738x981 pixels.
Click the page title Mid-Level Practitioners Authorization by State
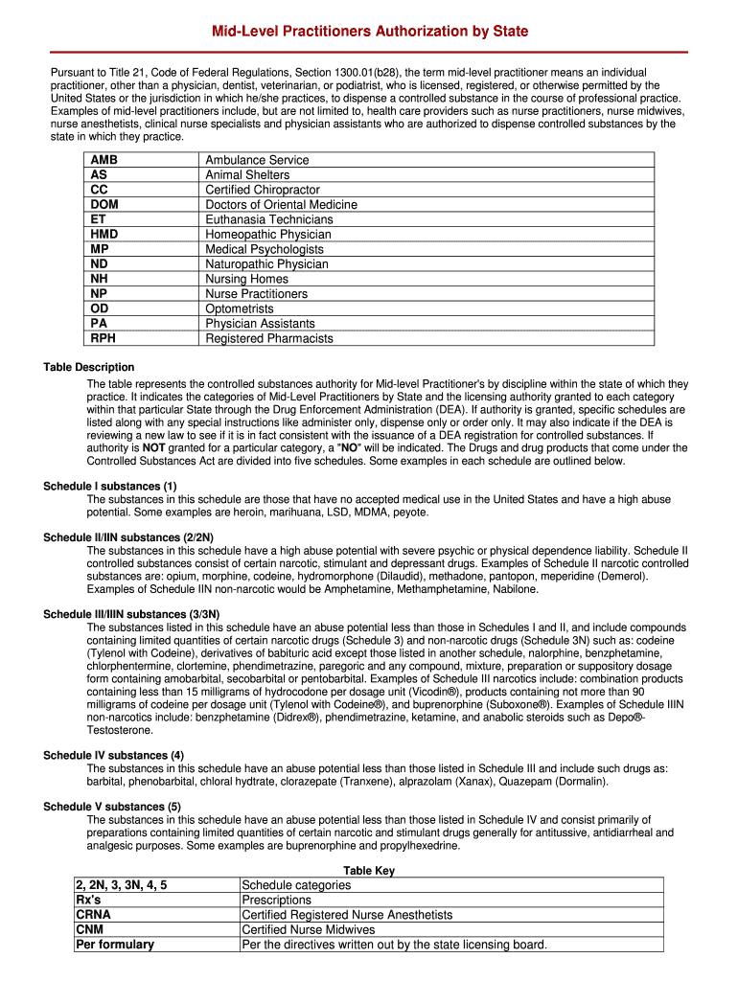[x=369, y=32]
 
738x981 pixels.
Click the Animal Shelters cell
[x=247, y=175]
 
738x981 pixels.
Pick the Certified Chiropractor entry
[x=263, y=190]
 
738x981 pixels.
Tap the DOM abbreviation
[x=105, y=205]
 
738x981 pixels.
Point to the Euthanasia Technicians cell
[x=269, y=219]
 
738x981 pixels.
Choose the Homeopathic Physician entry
[x=268, y=235]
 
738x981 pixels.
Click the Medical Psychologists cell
[x=265, y=249]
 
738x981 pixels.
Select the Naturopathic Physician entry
[x=266, y=264]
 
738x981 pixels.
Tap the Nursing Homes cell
[x=246, y=279]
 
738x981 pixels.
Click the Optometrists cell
[x=240, y=308]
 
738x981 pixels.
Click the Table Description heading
[x=89, y=367]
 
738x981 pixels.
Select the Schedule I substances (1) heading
[x=110, y=486]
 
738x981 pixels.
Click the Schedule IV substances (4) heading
[x=114, y=755]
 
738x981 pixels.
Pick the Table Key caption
[x=369, y=871]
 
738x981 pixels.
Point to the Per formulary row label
[x=114, y=945]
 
